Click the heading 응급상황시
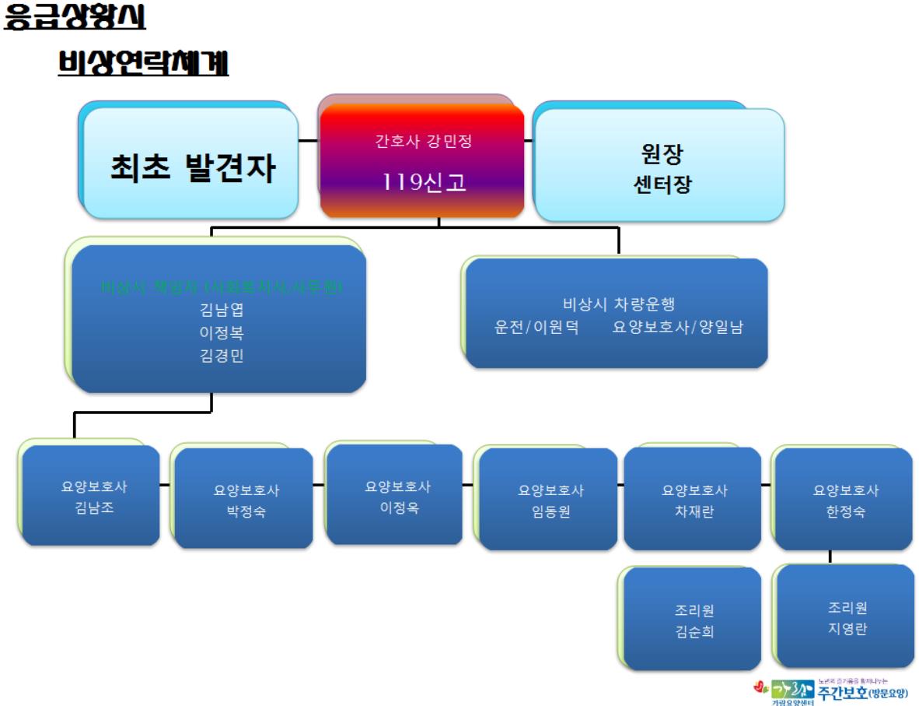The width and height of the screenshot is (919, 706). point(75,17)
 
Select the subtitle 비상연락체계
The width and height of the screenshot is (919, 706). point(142,63)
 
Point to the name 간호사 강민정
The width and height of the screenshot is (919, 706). point(422,142)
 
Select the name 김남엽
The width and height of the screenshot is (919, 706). point(222,310)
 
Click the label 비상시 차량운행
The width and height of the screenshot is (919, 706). point(618,304)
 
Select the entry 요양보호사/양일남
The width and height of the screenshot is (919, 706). point(677,327)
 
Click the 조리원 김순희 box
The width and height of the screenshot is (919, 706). point(694,620)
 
